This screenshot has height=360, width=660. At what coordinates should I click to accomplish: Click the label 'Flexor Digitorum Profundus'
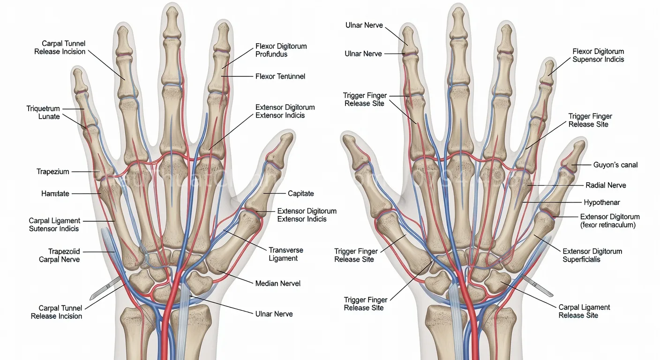[x=281, y=50]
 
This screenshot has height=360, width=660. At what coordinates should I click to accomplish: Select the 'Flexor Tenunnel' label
[x=280, y=76]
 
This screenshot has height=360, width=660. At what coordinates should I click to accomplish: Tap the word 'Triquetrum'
[x=43, y=108]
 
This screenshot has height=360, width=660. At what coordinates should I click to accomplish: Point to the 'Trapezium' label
[x=53, y=172]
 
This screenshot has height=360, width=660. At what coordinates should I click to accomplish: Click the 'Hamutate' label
[x=55, y=194]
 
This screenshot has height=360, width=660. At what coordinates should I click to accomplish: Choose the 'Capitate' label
[x=300, y=193]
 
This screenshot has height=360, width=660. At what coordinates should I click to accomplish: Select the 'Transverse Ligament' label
[x=286, y=254]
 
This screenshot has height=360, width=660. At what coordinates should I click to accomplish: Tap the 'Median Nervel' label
[x=277, y=284]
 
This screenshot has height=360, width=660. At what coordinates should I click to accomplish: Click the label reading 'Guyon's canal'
[x=615, y=165]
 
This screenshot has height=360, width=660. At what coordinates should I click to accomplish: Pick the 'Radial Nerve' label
[x=606, y=185]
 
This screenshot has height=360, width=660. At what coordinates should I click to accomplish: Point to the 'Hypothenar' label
[x=602, y=202]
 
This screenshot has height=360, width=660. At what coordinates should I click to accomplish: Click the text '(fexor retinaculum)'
[x=608, y=225]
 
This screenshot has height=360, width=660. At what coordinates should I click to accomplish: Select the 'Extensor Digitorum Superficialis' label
[x=592, y=255]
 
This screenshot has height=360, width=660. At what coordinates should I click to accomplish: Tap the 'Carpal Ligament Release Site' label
[x=584, y=311]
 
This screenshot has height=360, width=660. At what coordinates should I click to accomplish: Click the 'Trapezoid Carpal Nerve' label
[x=59, y=255]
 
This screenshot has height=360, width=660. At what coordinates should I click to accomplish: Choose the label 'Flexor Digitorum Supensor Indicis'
[x=598, y=55]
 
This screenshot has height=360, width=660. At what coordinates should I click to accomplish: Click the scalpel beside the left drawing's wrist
[x=105, y=288]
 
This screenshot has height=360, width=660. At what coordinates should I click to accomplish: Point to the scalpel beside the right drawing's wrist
[x=538, y=286]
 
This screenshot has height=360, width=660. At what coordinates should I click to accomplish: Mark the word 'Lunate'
[x=49, y=116]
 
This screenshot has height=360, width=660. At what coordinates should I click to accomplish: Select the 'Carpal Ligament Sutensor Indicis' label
[x=54, y=225]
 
